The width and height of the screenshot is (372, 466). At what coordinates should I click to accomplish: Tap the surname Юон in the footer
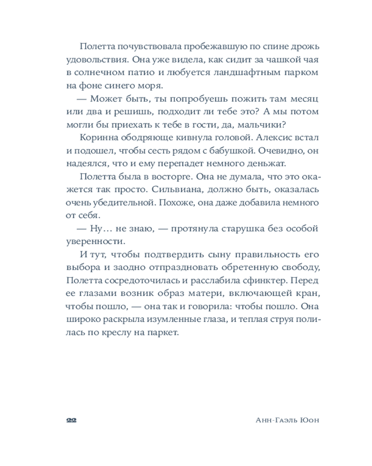[310, 420]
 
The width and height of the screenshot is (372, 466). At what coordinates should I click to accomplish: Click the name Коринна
[97, 138]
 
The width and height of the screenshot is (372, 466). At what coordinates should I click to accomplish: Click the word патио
[143, 73]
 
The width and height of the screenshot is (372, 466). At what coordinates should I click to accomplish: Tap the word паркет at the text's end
[165, 333]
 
